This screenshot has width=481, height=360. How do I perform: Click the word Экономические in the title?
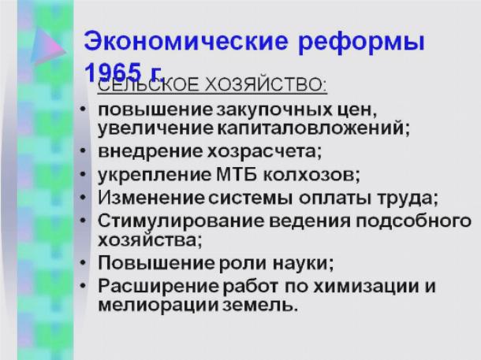186,41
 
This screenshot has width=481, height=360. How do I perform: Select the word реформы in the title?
361,43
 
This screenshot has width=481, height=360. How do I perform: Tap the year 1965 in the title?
112,72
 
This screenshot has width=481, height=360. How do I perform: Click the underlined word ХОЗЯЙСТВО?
266,84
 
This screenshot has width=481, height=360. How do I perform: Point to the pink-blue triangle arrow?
48,46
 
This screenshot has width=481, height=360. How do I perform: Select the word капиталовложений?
314,128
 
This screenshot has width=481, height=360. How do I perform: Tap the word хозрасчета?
264,152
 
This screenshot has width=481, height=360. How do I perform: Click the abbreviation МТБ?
237,175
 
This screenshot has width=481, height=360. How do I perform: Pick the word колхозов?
311,175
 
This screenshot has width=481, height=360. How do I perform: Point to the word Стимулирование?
181,221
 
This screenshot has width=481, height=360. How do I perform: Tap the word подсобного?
413,221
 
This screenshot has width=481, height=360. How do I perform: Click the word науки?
303,263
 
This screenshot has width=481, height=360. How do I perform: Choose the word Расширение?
158,286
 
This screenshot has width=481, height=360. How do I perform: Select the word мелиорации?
158,305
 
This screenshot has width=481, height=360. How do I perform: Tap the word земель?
259,305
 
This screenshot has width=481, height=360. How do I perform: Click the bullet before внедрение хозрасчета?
83,150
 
